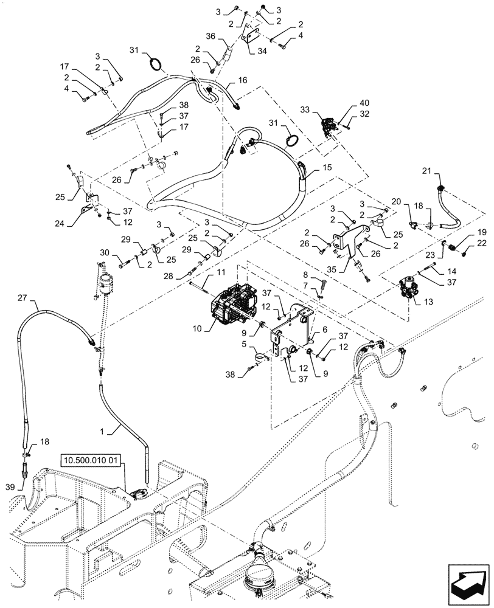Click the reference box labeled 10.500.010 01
coord(92,460)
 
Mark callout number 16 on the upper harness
coord(242,79)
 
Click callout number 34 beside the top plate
coord(262,52)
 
